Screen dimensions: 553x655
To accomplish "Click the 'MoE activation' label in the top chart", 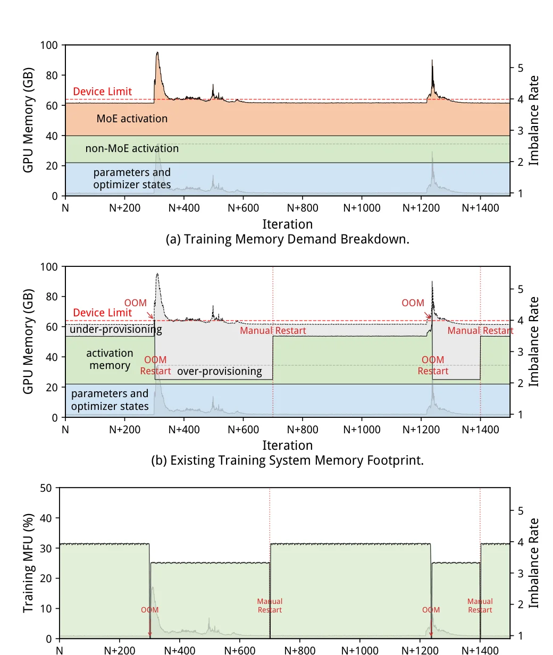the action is point(132,119).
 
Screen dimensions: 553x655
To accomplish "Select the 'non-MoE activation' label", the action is point(132,148).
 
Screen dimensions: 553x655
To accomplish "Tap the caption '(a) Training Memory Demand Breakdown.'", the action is point(288,239).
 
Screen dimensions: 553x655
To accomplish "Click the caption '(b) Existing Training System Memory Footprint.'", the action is point(288,460).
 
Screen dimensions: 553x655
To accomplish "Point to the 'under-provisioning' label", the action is point(116,330).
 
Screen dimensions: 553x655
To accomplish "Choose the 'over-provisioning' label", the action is point(220,372).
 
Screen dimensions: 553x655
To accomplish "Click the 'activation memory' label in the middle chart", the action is point(110,359).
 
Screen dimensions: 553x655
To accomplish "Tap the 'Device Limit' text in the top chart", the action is point(102,91).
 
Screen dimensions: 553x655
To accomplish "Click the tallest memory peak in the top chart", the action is point(157,53).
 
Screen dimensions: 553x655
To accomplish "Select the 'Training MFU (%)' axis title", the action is point(28,563).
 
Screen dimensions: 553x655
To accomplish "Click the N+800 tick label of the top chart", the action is point(303,208).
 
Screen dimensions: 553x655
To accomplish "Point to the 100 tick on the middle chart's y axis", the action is point(49,267).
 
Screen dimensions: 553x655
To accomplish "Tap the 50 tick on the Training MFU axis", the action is point(46,488).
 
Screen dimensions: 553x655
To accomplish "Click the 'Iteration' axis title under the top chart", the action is point(288,224).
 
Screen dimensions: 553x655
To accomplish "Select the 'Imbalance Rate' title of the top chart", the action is point(534,121).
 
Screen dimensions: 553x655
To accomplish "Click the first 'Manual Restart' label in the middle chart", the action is point(273,331).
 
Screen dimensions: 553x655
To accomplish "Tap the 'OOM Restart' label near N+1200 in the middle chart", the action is point(433,365).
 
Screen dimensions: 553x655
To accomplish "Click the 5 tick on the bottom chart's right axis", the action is point(521,511).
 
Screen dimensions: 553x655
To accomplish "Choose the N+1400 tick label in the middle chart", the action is point(480,430).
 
